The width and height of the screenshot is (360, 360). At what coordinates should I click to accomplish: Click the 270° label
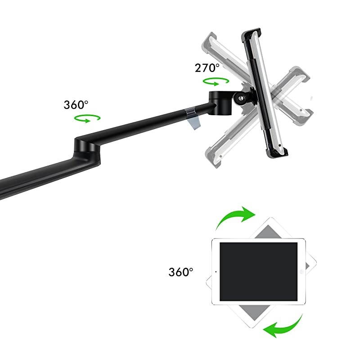click(207, 68)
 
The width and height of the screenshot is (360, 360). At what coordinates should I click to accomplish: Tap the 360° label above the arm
click(76, 105)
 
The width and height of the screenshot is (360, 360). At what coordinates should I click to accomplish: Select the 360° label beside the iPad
click(181, 272)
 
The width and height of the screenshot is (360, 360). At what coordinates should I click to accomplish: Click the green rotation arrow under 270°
click(216, 82)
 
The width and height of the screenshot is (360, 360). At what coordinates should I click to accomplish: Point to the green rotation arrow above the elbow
click(87, 118)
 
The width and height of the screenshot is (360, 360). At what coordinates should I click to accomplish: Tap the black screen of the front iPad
click(258, 272)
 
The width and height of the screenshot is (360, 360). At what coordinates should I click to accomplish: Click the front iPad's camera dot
click(216, 272)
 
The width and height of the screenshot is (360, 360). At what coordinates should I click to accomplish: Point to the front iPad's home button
click(301, 272)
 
